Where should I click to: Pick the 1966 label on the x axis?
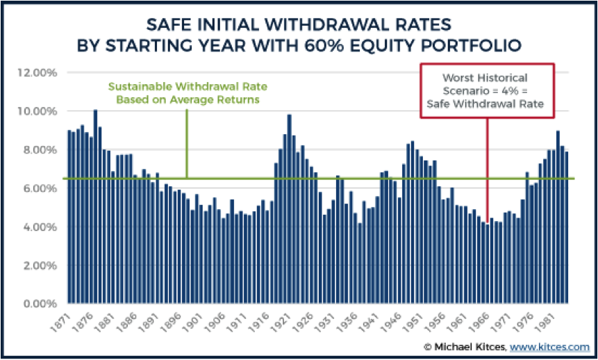click(483, 321)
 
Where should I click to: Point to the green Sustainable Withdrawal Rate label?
click(187, 92)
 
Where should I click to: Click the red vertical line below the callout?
click(487, 167)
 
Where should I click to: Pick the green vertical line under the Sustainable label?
click(187, 139)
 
